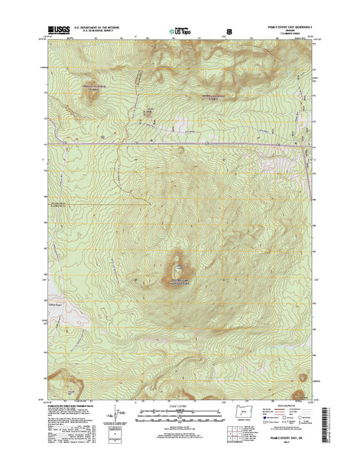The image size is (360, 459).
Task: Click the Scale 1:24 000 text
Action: [x=180, y=405]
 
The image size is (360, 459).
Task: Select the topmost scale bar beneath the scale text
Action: [x=180, y=411]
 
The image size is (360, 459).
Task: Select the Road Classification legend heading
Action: [x=284, y=405]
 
